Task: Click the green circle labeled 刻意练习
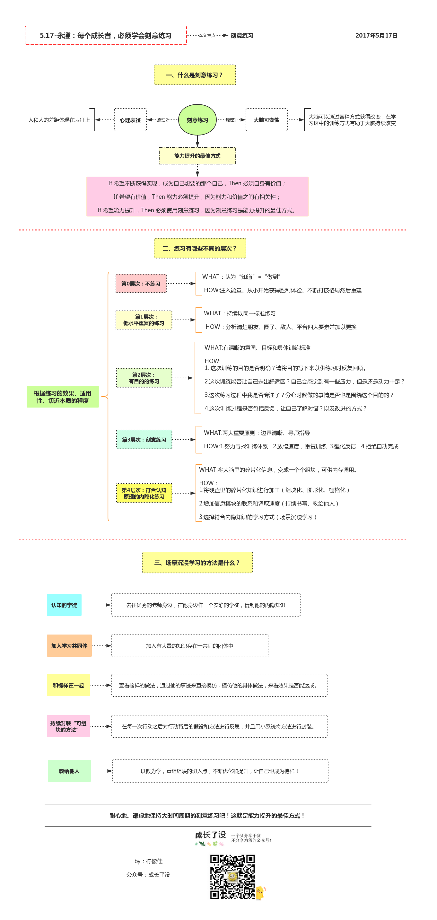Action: (197, 120)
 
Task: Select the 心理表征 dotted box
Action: (130, 120)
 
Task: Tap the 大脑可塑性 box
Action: (266, 120)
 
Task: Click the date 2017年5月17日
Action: (376, 35)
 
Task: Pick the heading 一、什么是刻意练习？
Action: (195, 75)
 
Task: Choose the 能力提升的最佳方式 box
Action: (197, 156)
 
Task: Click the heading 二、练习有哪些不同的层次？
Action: (200, 248)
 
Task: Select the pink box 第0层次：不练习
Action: (141, 284)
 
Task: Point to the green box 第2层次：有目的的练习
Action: (144, 378)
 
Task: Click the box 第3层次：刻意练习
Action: (144, 440)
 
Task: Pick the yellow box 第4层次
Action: (144, 493)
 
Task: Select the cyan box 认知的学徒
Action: (64, 605)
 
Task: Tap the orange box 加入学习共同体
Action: (69, 646)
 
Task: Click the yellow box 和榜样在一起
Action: (68, 685)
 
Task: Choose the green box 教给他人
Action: (69, 771)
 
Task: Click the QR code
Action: (232, 876)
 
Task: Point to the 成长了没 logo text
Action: (211, 835)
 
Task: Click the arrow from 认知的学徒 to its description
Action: (96, 605)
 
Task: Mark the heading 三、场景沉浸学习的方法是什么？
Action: (197, 563)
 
